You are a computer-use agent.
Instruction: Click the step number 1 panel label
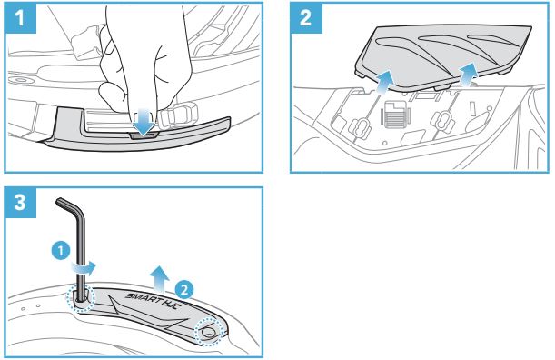[20, 17]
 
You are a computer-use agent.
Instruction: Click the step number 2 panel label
[306, 17]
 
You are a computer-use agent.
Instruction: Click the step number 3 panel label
[20, 203]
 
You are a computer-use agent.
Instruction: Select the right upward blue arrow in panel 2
[468, 75]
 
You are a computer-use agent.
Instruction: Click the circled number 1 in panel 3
[61, 251]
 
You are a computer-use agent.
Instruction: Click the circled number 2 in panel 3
[184, 290]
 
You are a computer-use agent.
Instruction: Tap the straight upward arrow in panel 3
[159, 278]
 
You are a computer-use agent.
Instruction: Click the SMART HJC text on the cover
[154, 301]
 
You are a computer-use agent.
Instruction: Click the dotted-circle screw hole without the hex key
[209, 331]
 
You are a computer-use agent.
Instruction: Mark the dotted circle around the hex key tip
[81, 298]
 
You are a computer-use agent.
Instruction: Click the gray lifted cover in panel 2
[443, 56]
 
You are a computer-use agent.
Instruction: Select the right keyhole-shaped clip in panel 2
[442, 122]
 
